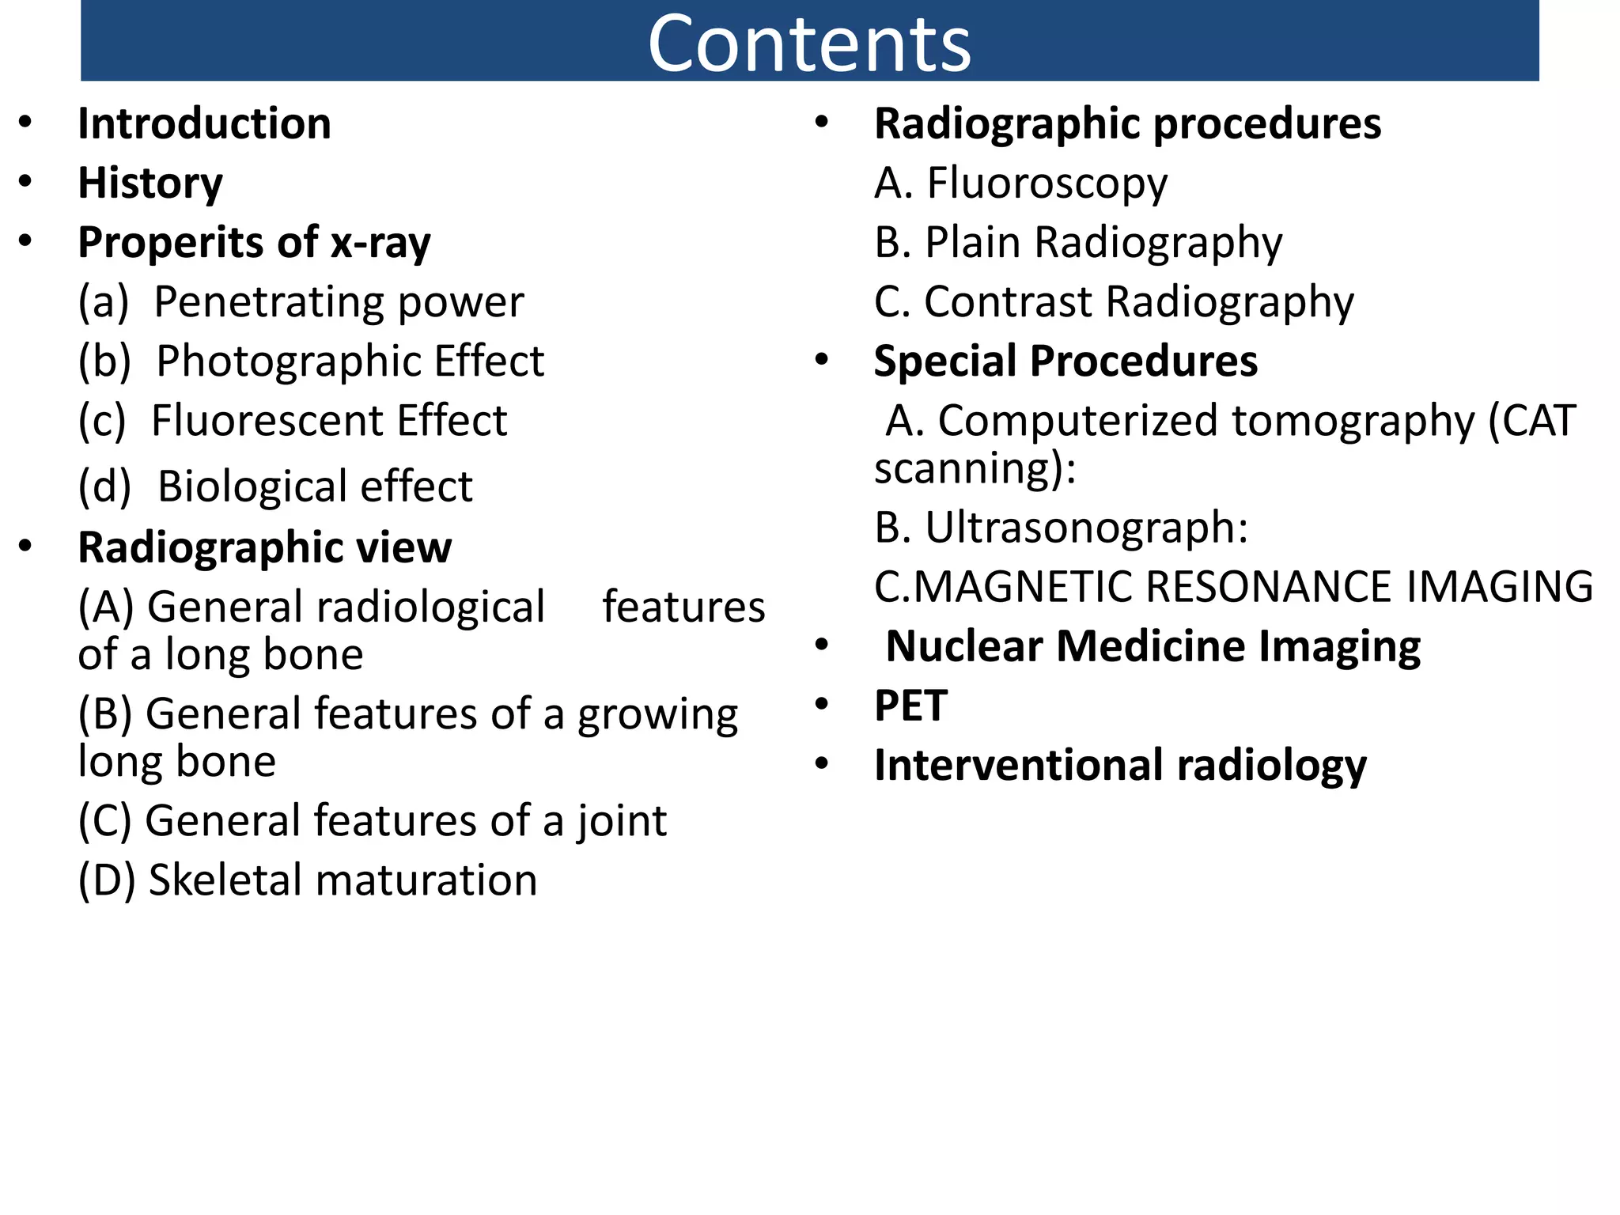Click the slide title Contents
tap(809, 44)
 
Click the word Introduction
tap(204, 124)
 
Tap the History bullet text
tap(150, 184)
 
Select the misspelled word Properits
tap(199, 243)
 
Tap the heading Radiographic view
tap(264, 547)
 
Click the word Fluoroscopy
tap(1047, 184)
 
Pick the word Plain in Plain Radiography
tap(973, 243)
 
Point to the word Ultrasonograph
tap(1079, 528)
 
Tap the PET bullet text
tap(910, 706)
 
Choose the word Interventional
tap(1020, 766)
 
